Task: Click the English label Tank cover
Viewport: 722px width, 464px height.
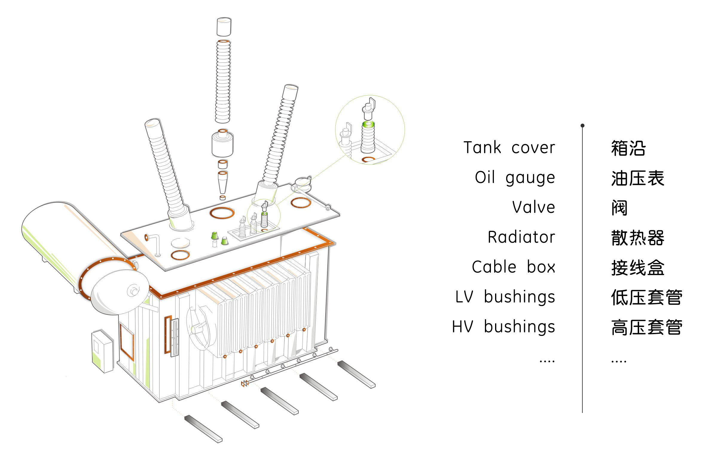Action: pos(509,148)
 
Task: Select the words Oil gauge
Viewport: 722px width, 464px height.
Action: pos(515,177)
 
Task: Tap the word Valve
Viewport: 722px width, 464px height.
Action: pos(533,207)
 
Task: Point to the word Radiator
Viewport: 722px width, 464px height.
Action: pos(521,237)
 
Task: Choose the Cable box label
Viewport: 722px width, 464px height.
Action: pos(513,267)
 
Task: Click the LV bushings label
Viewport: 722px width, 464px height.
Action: pos(505,296)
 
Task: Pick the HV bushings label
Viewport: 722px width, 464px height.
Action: pos(503,326)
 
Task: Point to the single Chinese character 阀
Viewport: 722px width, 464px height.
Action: pos(619,208)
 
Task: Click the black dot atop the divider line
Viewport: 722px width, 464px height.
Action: pos(582,126)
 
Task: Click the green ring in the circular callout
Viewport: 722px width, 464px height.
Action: pos(368,124)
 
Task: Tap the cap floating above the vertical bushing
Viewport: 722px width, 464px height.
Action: pos(224,27)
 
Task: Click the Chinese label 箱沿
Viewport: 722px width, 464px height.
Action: pos(628,148)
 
